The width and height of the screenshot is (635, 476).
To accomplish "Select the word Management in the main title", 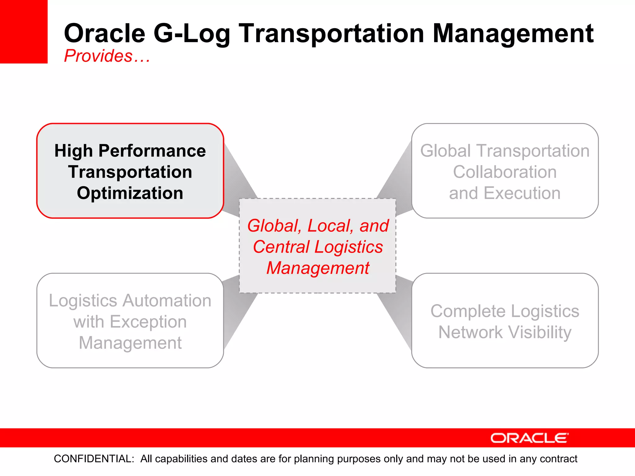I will coord(513,34).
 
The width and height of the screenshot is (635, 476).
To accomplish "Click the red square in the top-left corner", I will coord(24,31).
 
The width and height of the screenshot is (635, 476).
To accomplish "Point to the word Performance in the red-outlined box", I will coord(152,151).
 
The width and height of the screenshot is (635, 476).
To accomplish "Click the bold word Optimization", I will coord(130,193).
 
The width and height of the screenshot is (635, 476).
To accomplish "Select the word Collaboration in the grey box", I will coord(505,172).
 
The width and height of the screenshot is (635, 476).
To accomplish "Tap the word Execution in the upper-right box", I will coord(522,193).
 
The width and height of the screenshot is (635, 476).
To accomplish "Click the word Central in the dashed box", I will coord(281,247).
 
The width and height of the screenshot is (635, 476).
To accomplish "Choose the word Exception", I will coord(148,322).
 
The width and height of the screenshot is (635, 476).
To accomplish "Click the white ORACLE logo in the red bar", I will coord(529,438).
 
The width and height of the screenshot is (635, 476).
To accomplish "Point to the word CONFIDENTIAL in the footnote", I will coord(94,459).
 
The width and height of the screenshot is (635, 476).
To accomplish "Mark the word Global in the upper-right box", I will coord(445,151).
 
